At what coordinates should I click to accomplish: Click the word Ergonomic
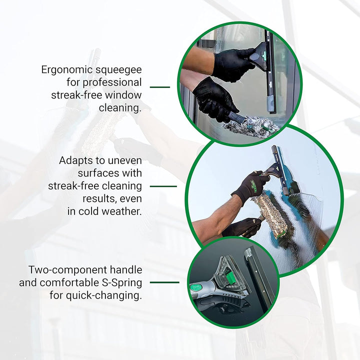coord(67,70)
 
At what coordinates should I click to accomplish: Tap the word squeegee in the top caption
coord(118,70)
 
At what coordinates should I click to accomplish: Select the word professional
coord(112,82)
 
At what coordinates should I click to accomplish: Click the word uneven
coord(125,160)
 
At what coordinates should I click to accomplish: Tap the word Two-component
coord(67,270)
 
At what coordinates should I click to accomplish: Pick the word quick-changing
coord(104,295)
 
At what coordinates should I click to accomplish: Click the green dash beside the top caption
coord(160,87)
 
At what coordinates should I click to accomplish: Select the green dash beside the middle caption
coord(163,186)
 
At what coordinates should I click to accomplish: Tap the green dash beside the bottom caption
coord(164,282)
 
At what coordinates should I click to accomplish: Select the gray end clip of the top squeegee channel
coord(270,104)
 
